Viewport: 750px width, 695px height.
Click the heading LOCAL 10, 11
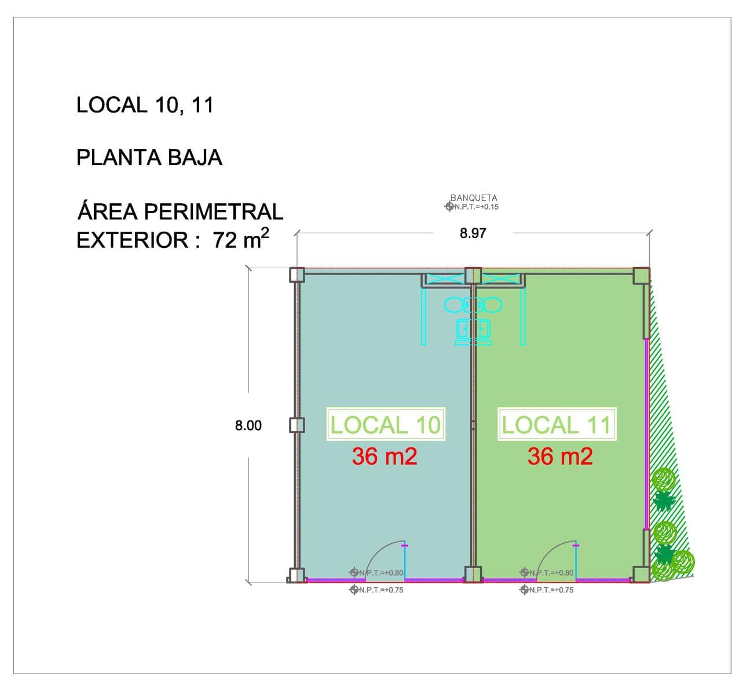[x=145, y=105]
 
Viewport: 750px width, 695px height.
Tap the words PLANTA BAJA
[x=149, y=158]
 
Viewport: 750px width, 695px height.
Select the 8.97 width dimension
[x=473, y=233]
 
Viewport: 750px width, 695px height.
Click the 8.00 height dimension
[x=248, y=426]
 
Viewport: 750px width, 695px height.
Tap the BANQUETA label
[x=474, y=197]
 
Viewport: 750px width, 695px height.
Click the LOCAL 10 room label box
[x=386, y=424]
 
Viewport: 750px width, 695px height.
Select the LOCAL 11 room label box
[x=557, y=424]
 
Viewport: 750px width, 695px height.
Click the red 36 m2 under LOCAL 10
[x=385, y=456]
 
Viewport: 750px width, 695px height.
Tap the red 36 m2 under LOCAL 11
[x=560, y=456]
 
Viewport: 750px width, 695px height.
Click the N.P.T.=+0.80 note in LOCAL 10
[x=376, y=573]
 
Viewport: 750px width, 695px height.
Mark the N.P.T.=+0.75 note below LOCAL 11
[x=547, y=590]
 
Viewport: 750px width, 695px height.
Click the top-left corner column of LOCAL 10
[x=297, y=275]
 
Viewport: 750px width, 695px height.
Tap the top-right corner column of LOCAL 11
[x=641, y=276]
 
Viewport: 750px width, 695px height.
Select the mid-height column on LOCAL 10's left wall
[x=297, y=425]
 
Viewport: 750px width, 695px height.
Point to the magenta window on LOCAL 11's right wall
[x=646, y=434]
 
